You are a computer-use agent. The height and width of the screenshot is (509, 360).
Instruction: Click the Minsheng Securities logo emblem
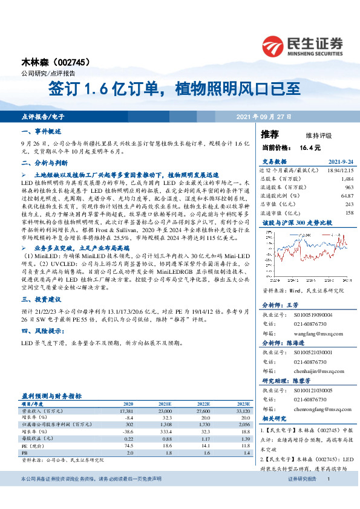coord(273,46)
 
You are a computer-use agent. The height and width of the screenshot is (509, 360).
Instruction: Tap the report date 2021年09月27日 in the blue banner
coord(263,116)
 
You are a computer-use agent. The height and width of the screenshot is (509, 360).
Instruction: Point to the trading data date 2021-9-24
coord(341,162)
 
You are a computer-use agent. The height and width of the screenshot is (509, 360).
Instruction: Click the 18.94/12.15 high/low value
coord(339,171)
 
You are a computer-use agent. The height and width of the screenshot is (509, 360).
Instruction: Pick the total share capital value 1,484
coord(347,180)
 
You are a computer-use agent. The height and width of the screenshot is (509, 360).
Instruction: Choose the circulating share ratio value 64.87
coord(347,196)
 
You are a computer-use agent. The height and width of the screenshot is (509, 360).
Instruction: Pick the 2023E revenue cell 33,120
coord(240,410)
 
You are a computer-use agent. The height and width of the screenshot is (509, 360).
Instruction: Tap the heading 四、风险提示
coord(41,330)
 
